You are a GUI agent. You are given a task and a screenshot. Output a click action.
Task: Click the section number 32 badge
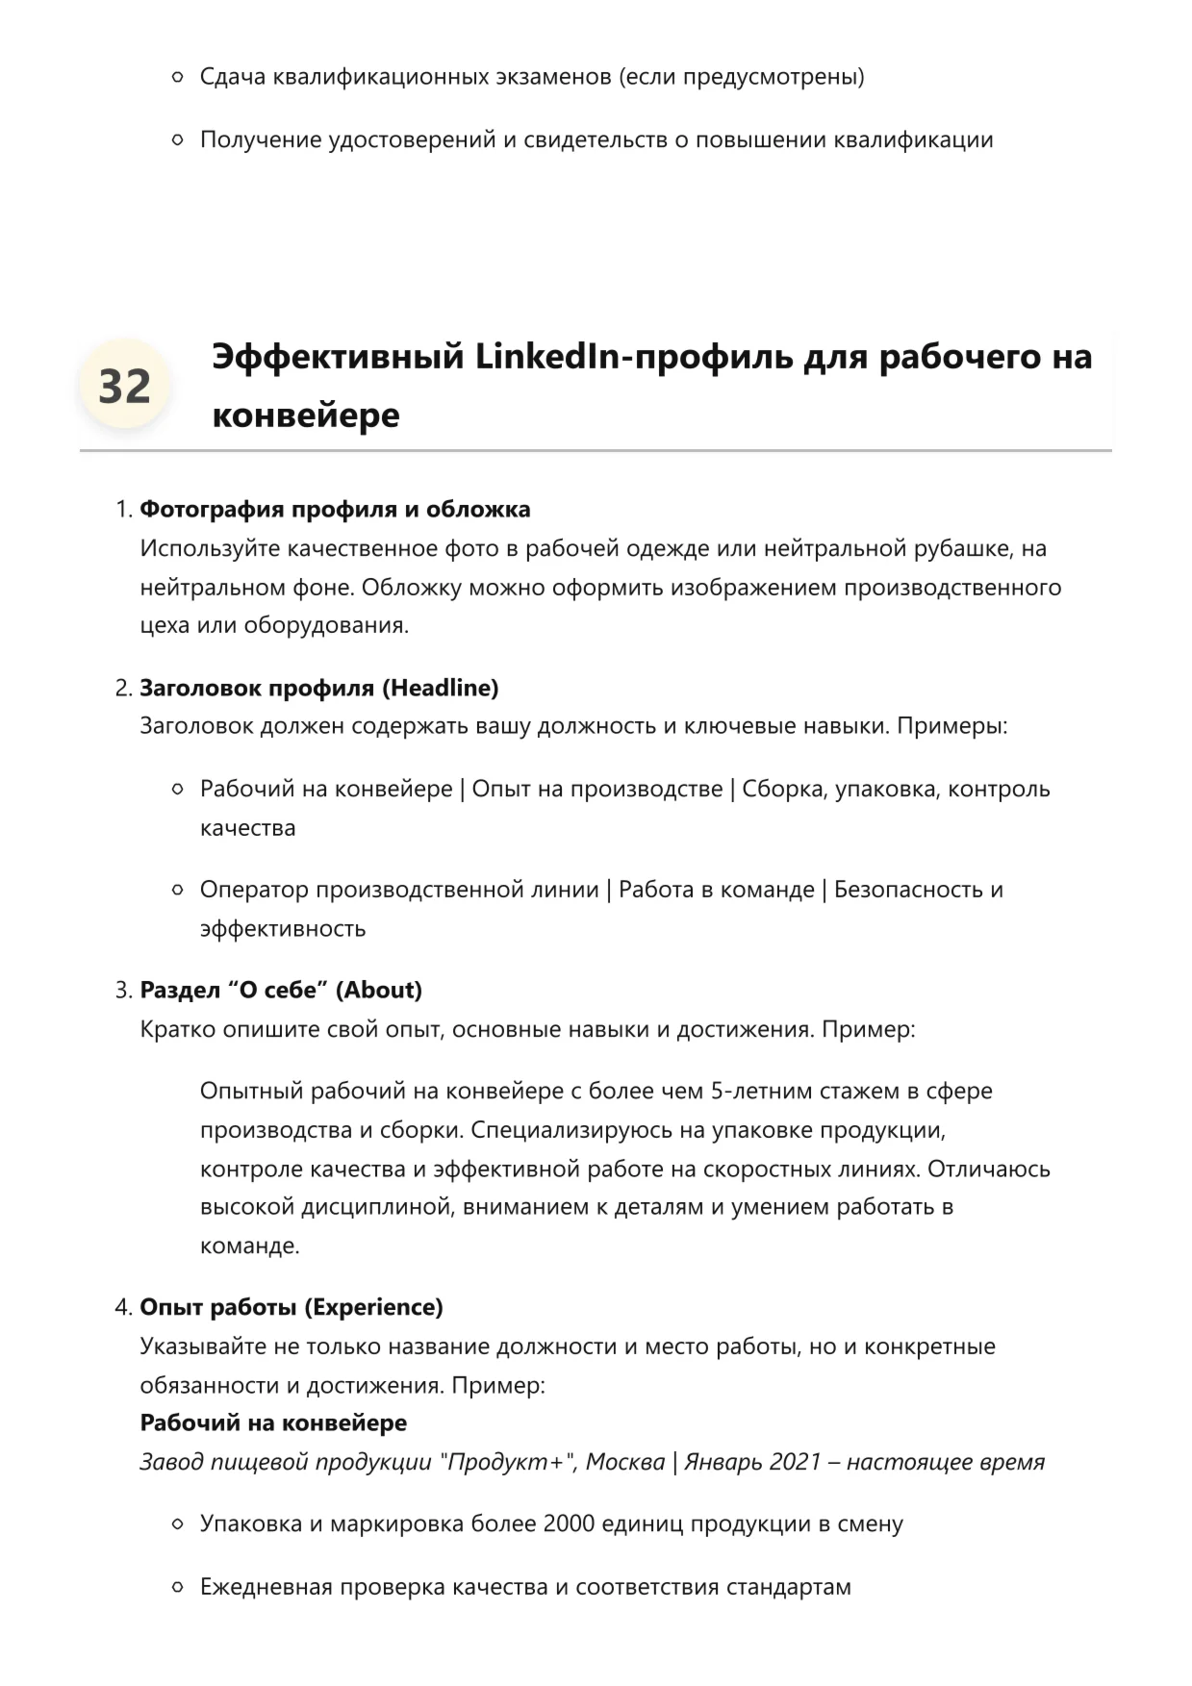click(124, 386)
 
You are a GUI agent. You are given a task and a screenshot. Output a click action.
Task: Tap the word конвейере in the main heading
click(305, 415)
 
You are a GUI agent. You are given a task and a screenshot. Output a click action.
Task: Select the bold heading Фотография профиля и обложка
click(335, 509)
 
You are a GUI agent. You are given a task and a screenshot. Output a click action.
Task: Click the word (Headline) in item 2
click(441, 688)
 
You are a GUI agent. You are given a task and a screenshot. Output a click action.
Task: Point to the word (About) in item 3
click(379, 990)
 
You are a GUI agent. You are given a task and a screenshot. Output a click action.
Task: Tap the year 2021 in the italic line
click(795, 1462)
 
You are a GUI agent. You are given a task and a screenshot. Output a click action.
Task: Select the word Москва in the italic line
click(625, 1462)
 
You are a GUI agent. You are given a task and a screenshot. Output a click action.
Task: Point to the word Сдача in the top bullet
click(233, 76)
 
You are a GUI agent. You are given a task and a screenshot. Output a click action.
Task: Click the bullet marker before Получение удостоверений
click(177, 139)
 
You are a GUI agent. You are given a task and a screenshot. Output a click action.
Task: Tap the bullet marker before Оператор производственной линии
click(177, 890)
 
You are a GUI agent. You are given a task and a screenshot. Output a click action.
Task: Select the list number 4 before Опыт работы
click(122, 1307)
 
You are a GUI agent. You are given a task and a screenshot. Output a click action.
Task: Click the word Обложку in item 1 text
click(412, 587)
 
